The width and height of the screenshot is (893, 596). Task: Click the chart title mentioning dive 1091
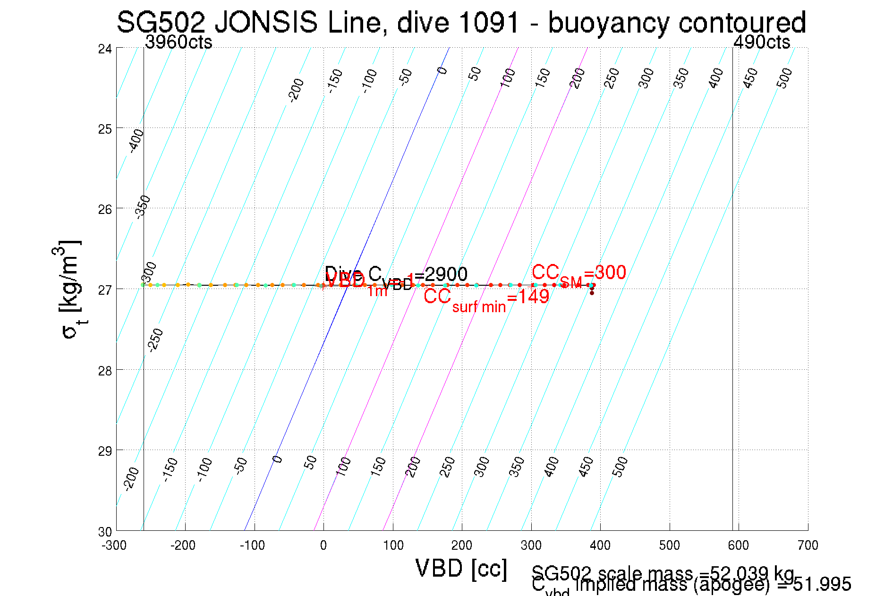pyautogui.click(x=461, y=23)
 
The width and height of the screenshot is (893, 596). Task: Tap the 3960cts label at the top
pyautogui.click(x=179, y=43)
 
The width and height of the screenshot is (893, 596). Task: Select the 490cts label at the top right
pyautogui.click(x=761, y=43)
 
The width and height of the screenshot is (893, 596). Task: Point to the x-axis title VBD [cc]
pyautogui.click(x=461, y=568)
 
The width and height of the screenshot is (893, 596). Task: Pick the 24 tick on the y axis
pyautogui.click(x=105, y=49)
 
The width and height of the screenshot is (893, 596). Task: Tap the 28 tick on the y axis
pyautogui.click(x=105, y=371)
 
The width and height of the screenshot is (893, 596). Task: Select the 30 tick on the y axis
pyautogui.click(x=105, y=532)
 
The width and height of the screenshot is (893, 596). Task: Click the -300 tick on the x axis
pyautogui.click(x=114, y=545)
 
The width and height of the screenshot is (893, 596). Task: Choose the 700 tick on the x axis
pyautogui.click(x=808, y=545)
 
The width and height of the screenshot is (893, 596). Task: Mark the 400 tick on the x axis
pyautogui.click(x=600, y=545)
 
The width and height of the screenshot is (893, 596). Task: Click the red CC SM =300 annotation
pyautogui.click(x=578, y=274)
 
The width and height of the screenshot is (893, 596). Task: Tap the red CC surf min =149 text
pyautogui.click(x=486, y=299)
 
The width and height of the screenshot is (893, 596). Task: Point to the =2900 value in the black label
pyautogui.click(x=444, y=274)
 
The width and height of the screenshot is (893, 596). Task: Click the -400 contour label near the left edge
pyautogui.click(x=136, y=141)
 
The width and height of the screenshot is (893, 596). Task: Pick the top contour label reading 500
pyautogui.click(x=784, y=78)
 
